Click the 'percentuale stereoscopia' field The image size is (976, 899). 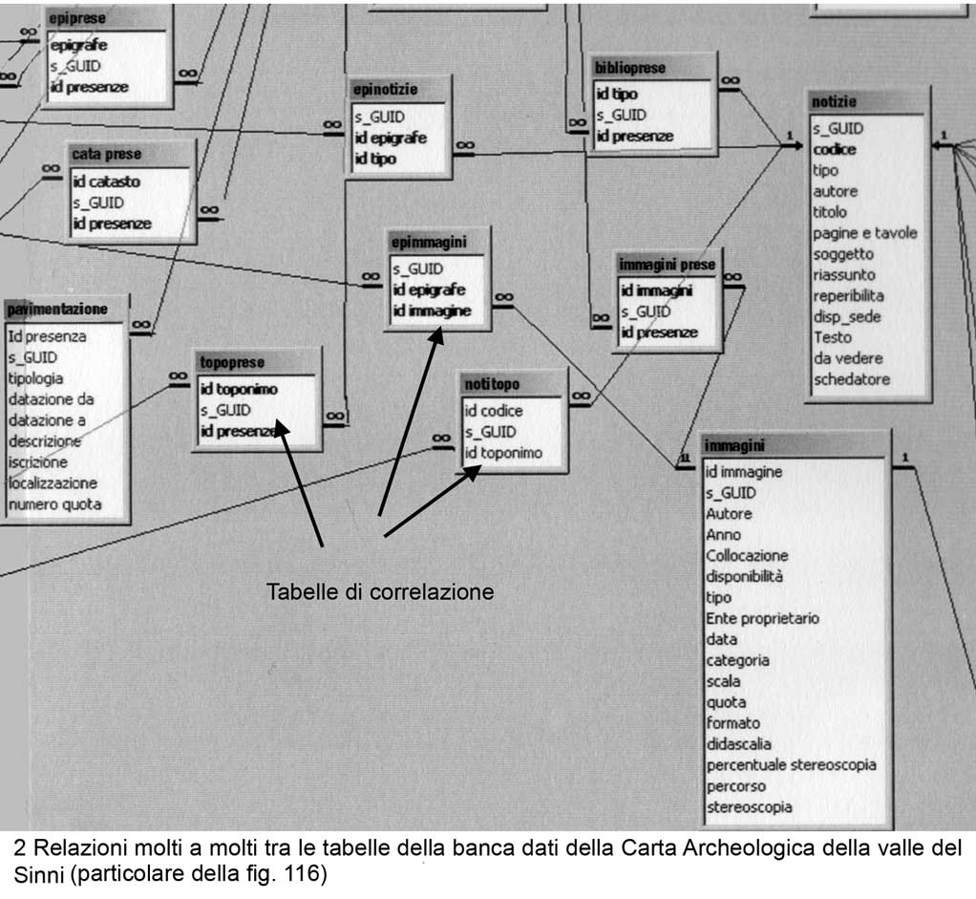click(791, 765)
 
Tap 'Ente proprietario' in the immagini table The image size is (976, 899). click(762, 618)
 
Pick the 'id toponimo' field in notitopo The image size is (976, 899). click(503, 453)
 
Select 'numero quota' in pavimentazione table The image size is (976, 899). click(54, 504)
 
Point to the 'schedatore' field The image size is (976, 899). click(851, 379)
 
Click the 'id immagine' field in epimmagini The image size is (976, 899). click(432, 310)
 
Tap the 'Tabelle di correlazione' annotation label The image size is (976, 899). click(379, 591)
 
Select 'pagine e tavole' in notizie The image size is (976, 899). click(864, 233)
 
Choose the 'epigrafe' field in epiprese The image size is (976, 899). click(78, 45)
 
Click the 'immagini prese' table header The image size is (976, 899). click(667, 264)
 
